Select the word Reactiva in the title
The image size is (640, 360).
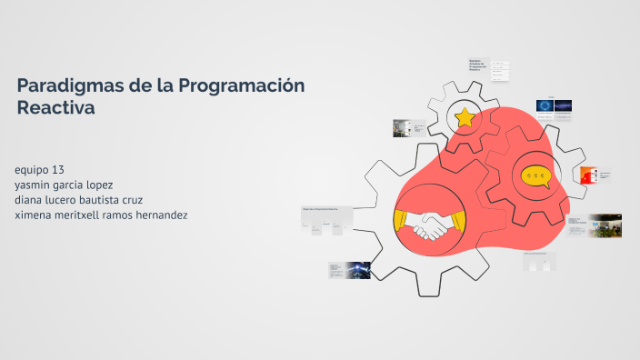(55, 107)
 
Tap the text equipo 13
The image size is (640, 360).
(40, 170)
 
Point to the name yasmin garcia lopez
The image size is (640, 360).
(65, 185)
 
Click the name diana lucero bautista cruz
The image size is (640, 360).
(79, 200)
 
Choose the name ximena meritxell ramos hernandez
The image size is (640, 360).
(101, 215)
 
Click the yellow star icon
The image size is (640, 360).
(465, 117)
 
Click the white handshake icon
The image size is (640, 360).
(430, 225)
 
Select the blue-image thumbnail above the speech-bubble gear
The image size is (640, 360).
(555, 107)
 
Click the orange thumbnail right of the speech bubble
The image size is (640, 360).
(589, 175)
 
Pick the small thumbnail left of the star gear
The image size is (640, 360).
(402, 128)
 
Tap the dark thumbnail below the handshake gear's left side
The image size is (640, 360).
(350, 270)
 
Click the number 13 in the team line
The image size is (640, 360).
(58, 170)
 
